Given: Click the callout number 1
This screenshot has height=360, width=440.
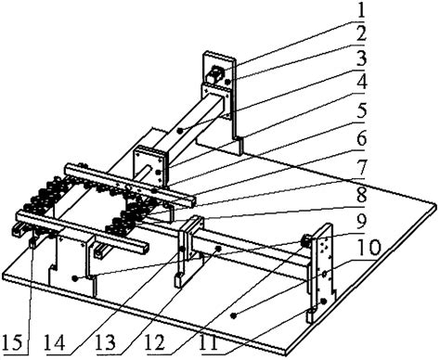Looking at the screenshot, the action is (x=360, y=9).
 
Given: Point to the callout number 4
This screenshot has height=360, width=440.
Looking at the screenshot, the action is (x=360, y=83).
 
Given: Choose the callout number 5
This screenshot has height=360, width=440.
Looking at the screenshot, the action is (x=360, y=110).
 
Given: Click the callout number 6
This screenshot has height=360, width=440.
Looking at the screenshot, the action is (x=360, y=138).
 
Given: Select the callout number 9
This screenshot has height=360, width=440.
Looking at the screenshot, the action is (x=360, y=220).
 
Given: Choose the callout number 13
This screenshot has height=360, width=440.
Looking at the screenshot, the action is (x=106, y=343).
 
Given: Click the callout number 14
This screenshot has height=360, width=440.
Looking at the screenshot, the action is (x=55, y=343).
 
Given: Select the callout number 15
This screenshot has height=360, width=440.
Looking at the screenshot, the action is (x=12, y=343).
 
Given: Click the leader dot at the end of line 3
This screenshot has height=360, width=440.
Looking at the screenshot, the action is (x=179, y=131).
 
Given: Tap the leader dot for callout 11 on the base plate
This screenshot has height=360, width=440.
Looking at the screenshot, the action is (x=233, y=315).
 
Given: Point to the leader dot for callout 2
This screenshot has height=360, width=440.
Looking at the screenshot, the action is (x=227, y=82).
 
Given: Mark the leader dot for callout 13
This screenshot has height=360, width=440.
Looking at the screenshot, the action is (x=218, y=248).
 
